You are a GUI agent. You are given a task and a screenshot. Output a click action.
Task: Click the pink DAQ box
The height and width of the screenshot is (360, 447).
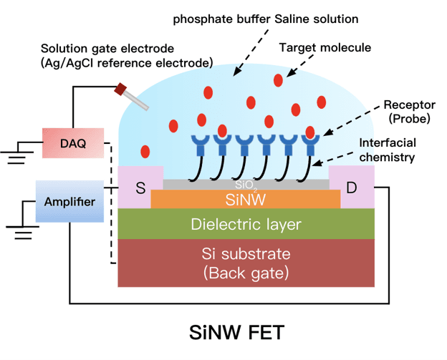pyautogui.click(x=73, y=143)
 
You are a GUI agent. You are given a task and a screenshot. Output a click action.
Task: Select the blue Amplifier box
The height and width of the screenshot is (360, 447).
pyautogui.click(x=69, y=201)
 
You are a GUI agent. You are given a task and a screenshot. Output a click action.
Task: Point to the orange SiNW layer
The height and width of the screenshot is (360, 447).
pyautogui.click(x=246, y=199)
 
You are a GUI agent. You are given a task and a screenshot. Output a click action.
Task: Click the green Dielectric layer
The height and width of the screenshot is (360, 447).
pyautogui.click(x=246, y=224)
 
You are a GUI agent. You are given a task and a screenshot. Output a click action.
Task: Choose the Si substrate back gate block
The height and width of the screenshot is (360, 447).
pyautogui.click(x=246, y=263)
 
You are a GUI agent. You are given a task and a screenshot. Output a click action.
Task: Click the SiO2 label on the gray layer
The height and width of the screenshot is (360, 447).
pyautogui.click(x=246, y=185)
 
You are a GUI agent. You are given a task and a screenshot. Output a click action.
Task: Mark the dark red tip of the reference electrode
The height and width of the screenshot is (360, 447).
pyautogui.click(x=120, y=89)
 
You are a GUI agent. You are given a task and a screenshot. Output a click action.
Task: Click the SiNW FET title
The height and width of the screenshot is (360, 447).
pyautogui.click(x=237, y=332)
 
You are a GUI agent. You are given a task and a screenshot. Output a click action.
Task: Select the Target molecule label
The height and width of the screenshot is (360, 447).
pyautogui.click(x=325, y=47)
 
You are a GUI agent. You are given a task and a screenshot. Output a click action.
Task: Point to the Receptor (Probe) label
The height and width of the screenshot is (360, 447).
pyautogui.click(x=409, y=112)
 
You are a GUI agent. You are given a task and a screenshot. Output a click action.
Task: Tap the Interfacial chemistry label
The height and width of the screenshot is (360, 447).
pyautogui.click(x=388, y=150)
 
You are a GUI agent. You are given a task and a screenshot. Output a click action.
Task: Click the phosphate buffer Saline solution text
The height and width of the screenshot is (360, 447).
pyautogui.click(x=266, y=19)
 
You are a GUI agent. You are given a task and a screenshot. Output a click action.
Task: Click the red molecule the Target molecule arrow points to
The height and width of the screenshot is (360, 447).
pyautogui.click(x=278, y=80)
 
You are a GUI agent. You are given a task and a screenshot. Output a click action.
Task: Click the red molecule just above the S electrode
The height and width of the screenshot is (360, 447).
pyautogui.click(x=145, y=152)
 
